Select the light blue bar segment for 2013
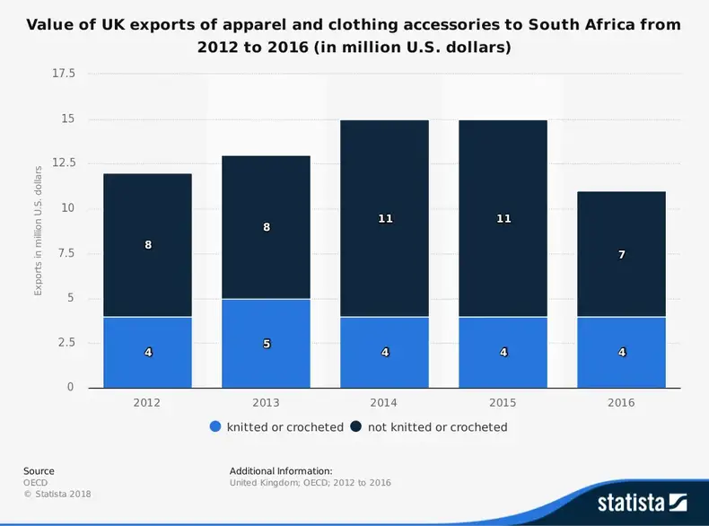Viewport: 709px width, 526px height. point(266,368)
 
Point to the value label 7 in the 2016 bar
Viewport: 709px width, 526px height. point(621,255)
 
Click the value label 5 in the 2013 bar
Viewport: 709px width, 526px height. point(267,344)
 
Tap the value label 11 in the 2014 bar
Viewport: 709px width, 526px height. point(385,219)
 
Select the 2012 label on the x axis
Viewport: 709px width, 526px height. point(147,403)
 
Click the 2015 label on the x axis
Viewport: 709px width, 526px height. point(503,403)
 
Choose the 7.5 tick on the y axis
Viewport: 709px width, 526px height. point(66,253)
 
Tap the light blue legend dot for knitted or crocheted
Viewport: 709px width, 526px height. point(214,427)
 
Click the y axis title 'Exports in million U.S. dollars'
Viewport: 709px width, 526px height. point(39,231)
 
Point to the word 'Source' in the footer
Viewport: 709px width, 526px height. point(39,471)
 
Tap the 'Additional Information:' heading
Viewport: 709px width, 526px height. point(281,471)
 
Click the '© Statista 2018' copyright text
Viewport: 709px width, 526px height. point(57,494)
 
